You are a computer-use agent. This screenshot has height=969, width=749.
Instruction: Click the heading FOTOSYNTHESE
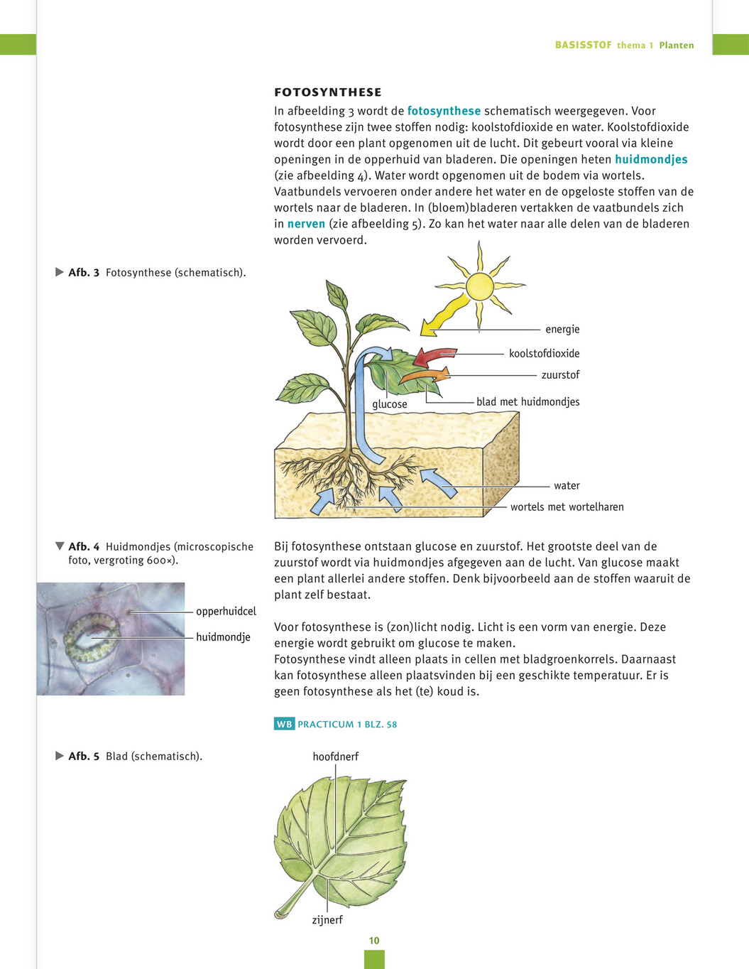tap(327, 92)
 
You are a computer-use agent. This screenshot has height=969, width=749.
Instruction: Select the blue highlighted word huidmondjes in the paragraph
tap(650, 159)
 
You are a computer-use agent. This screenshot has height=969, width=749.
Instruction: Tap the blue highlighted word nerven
tap(306, 224)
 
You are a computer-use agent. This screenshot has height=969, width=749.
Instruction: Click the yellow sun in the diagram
tap(479, 286)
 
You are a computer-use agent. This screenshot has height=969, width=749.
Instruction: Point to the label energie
tap(562, 330)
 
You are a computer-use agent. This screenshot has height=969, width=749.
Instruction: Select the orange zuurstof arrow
tap(426, 375)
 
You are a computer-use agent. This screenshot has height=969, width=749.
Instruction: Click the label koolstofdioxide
tap(544, 354)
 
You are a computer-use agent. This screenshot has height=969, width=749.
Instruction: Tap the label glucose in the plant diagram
tap(390, 404)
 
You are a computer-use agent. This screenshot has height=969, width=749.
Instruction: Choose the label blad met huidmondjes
tap(527, 402)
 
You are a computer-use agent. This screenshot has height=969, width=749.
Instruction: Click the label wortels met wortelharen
tap(567, 507)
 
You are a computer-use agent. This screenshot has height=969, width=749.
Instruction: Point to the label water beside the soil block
tap(567, 486)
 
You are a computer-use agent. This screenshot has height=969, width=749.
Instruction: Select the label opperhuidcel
tap(226, 612)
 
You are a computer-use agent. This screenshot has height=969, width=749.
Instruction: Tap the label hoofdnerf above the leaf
tap(335, 757)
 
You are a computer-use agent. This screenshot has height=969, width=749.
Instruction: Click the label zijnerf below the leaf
tap(327, 920)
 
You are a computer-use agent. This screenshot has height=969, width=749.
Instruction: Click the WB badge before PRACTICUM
tap(284, 725)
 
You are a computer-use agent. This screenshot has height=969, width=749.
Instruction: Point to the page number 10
tap(374, 941)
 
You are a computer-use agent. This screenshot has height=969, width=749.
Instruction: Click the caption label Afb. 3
tap(84, 273)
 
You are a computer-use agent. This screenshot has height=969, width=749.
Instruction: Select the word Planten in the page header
tap(676, 45)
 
